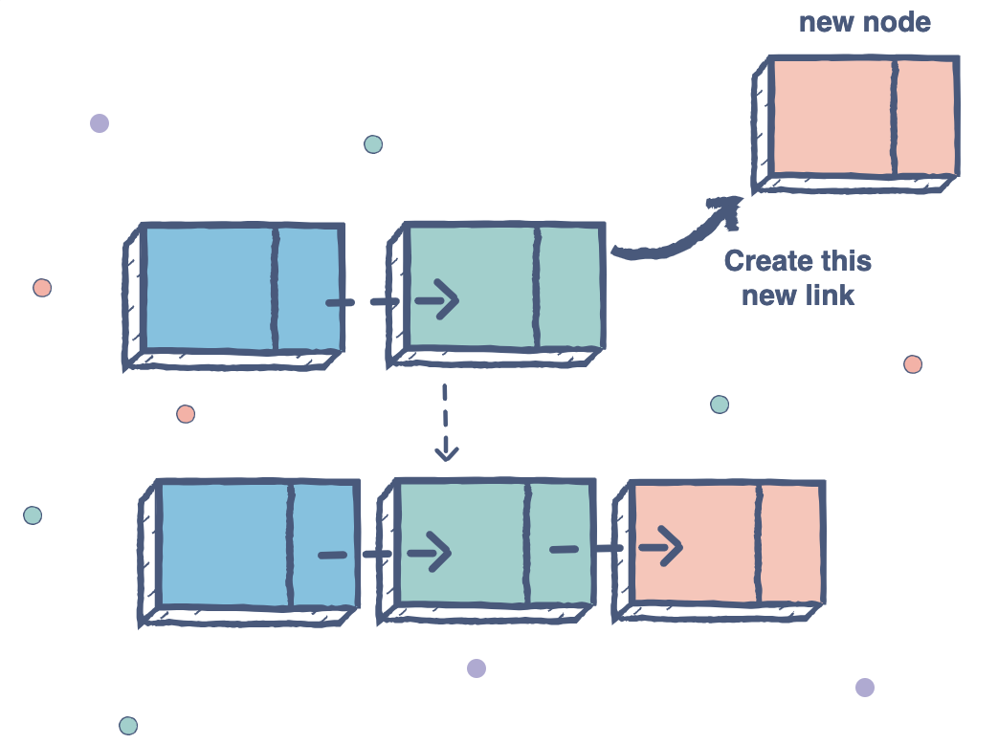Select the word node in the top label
(900, 22)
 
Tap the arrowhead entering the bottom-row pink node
(668, 547)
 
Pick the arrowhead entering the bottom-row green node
(435, 552)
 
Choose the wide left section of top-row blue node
(209, 288)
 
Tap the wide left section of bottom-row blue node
(224, 543)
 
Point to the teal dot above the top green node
(373, 144)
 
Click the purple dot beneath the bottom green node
(477, 668)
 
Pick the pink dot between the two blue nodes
(186, 414)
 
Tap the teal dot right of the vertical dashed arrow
(720, 405)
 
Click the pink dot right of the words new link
(913, 364)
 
